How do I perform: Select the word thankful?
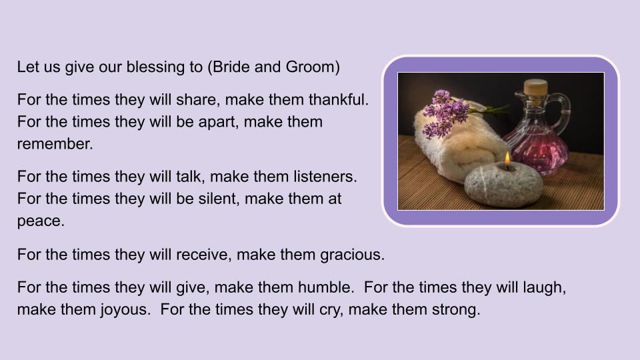338,100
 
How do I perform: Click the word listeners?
325,177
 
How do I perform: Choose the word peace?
41,221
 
